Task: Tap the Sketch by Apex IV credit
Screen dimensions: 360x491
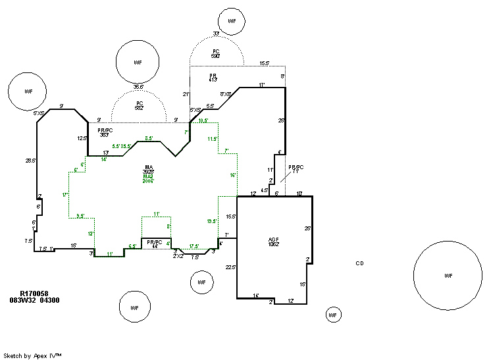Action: coord(32,355)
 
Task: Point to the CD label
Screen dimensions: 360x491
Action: coord(359,263)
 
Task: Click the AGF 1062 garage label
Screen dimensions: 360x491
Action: coord(274,241)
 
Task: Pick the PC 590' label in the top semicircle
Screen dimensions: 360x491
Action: coord(215,54)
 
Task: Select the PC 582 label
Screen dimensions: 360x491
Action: coord(139,105)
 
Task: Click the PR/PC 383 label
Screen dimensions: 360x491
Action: coord(105,132)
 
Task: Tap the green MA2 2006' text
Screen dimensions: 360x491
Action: coord(148,179)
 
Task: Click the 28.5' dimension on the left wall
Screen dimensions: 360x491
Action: coord(29,160)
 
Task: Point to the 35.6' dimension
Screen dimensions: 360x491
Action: coord(138,86)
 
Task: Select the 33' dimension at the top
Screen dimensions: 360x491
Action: coord(215,34)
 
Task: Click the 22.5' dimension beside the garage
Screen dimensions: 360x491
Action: coord(230,267)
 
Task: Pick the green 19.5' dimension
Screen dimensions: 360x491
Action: coord(211,221)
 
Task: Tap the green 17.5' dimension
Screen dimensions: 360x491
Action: coord(194,247)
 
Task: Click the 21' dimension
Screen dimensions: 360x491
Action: coord(186,94)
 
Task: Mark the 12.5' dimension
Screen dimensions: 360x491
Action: coord(82,138)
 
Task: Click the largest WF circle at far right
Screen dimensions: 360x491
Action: coord(448,275)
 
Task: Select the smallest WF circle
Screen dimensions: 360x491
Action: coord(333,315)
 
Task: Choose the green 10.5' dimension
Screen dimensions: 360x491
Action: coord(203,120)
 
